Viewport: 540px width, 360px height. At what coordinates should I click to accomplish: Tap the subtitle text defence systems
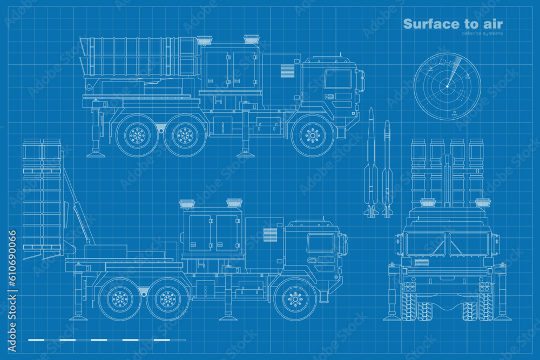(482, 33)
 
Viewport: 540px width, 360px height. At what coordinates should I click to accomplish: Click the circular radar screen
(447, 86)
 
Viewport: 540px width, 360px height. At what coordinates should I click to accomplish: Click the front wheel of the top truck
(312, 135)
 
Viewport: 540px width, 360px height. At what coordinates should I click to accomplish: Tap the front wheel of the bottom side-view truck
(295, 298)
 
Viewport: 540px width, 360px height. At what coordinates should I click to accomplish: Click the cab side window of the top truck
(337, 79)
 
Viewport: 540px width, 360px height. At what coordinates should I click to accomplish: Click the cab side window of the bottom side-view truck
(320, 243)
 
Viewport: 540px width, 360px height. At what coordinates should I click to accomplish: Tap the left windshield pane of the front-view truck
(426, 244)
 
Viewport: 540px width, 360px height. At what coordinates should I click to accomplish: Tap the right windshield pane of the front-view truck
(468, 244)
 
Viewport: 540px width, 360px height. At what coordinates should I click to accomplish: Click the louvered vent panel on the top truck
(287, 71)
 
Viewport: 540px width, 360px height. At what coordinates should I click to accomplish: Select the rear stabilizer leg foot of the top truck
(96, 154)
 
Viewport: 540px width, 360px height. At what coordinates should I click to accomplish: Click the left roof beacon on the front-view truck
(428, 203)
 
